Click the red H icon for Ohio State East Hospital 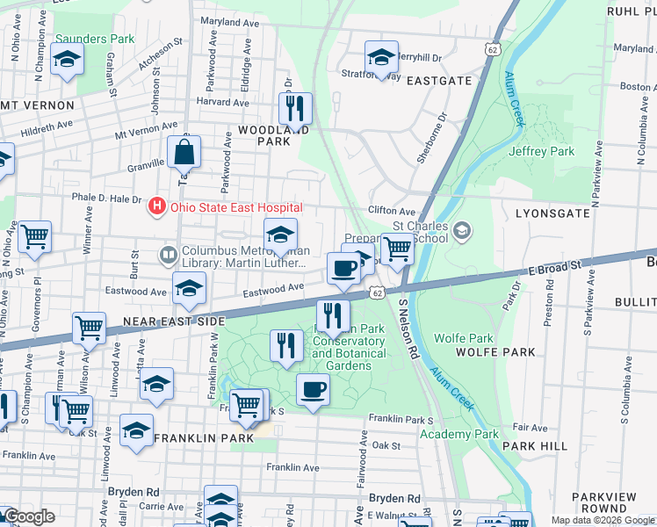click(x=156, y=207)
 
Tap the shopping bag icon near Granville click(x=184, y=154)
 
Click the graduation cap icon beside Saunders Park click(x=67, y=60)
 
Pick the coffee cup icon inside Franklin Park click(x=312, y=389)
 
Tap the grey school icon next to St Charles click(x=463, y=231)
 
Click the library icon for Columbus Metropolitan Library click(x=169, y=256)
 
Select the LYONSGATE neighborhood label click(x=552, y=213)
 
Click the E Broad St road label click(x=556, y=266)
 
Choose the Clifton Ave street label click(x=391, y=212)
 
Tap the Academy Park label click(x=459, y=434)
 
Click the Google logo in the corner click(x=29, y=516)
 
